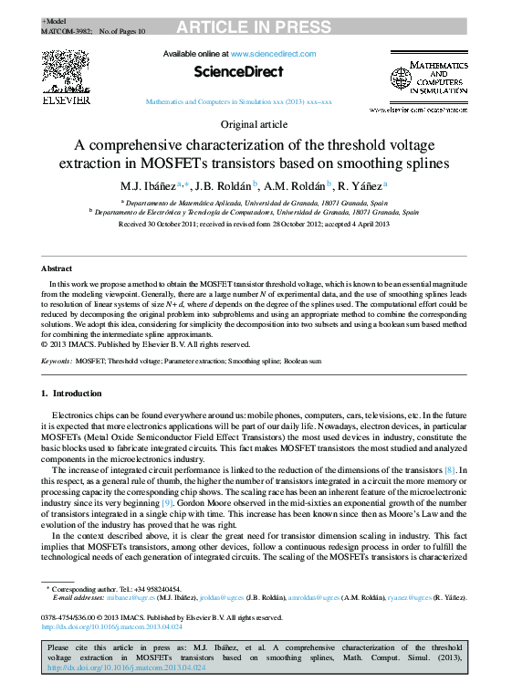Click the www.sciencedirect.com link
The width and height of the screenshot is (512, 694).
(273, 55)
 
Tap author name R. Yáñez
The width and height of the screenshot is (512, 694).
(343, 185)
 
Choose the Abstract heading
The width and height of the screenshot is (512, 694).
(57, 268)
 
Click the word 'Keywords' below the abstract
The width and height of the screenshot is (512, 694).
(57, 362)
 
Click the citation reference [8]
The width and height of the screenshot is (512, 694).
(451, 469)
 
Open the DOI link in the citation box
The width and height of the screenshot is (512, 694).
(126, 668)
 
